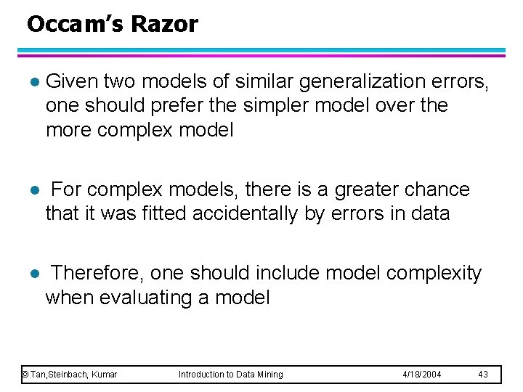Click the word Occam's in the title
coord(76,25)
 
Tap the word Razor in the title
coord(165,25)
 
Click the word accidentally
coord(271,214)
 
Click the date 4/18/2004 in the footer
coord(423,375)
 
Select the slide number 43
coord(484,375)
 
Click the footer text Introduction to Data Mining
coord(231,375)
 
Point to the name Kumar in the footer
coord(103,375)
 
